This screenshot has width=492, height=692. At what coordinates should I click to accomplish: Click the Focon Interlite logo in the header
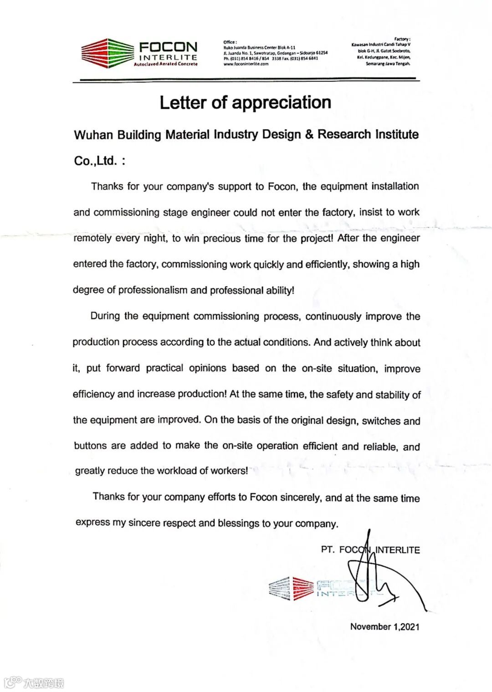[139, 53]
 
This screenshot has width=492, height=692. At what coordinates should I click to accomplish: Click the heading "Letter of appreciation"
[245, 102]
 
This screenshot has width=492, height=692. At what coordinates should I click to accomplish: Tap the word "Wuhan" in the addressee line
[93, 135]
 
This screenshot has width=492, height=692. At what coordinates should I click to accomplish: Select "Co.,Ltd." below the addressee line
[96, 161]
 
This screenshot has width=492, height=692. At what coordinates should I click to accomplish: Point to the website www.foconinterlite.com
[246, 64]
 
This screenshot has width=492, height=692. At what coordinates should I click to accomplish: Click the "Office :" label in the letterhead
[230, 42]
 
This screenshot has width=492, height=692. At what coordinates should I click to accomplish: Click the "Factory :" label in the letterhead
[402, 39]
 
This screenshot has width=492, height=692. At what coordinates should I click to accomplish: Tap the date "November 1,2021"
[384, 626]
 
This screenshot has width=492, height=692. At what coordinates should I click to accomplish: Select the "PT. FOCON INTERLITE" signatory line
[370, 550]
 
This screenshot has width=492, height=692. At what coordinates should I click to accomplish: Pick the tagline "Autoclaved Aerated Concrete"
[165, 64]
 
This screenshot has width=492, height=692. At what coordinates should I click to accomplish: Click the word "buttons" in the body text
[90, 446]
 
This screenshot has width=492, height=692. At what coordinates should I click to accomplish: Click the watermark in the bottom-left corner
[34, 682]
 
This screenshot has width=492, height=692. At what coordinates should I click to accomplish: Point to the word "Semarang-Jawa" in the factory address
[380, 64]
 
